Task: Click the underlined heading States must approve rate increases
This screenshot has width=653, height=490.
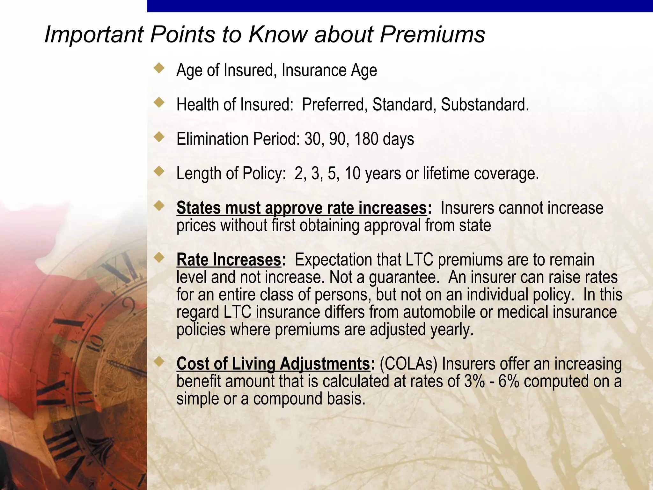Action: (301, 208)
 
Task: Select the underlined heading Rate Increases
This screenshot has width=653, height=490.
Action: (229, 260)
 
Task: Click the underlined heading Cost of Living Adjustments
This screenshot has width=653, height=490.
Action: (273, 364)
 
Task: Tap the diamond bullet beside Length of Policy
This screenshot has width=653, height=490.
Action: (159, 171)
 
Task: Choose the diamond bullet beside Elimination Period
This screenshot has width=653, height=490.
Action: (159, 137)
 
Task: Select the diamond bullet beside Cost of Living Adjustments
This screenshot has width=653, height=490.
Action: (159, 361)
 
